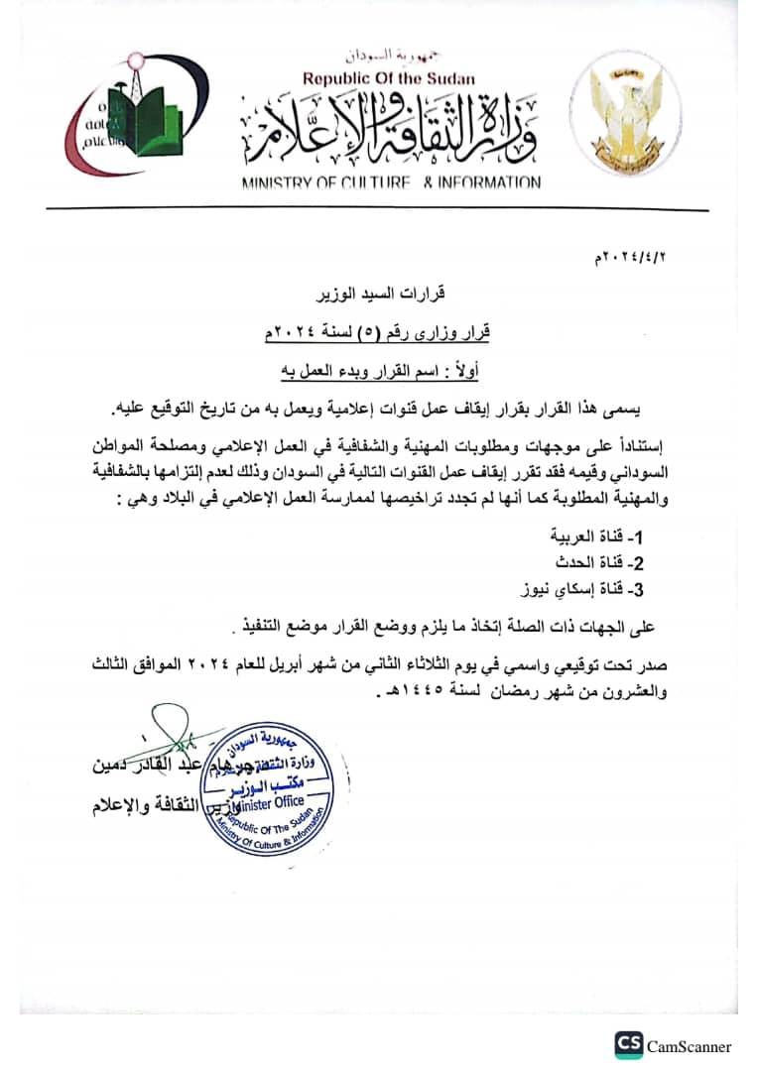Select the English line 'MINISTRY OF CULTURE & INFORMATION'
point(391,182)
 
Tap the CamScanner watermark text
point(689,1046)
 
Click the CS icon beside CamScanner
point(628,1045)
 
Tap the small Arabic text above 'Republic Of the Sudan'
point(388,57)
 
